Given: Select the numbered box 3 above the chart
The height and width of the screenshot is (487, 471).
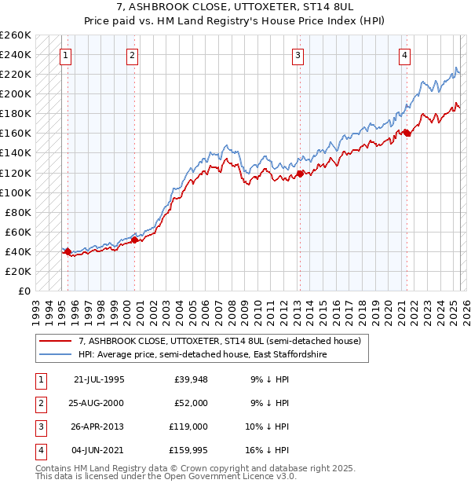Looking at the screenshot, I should pyautogui.click(x=298, y=55).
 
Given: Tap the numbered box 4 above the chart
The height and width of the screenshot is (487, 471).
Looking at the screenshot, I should pyautogui.click(x=403, y=55).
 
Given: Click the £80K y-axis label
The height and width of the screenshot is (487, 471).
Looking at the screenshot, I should pyautogui.click(x=17, y=212).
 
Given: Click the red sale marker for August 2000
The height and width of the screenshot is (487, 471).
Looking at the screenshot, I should pyautogui.click(x=134, y=240).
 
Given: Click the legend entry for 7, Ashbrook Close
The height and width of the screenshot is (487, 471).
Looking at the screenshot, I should pyautogui.click(x=219, y=342).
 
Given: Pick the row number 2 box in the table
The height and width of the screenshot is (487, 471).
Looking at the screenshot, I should pyautogui.click(x=40, y=403).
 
